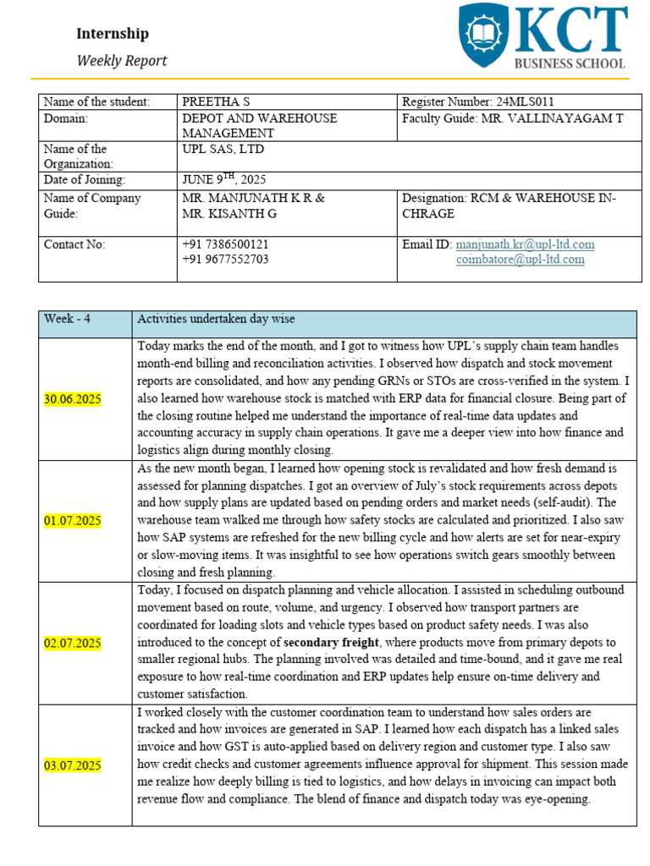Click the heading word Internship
pyautogui.click(x=113, y=34)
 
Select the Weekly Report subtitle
pyautogui.click(x=122, y=61)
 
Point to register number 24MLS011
pyautogui.click(x=517, y=102)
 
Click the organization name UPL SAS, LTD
pyautogui.click(x=218, y=150)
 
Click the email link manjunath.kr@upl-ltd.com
pyautogui.click(x=525, y=244)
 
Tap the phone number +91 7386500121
pyautogui.click(x=225, y=244)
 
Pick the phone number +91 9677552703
pyautogui.click(x=225, y=260)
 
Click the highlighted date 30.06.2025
pyautogui.click(x=72, y=399)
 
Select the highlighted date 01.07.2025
pyautogui.click(x=72, y=521)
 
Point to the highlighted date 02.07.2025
pyautogui.click(x=72, y=644)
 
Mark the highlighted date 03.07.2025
pyautogui.click(x=72, y=766)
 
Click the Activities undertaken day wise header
pyautogui.click(x=216, y=319)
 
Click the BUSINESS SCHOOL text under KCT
pyautogui.click(x=570, y=63)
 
